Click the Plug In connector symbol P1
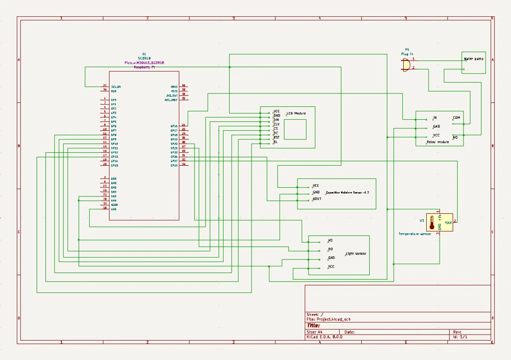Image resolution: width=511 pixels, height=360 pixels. point(406,64)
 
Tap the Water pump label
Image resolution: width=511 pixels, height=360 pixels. point(474,59)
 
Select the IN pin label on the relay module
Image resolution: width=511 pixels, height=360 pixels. point(435,118)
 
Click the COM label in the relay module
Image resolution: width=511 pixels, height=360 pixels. point(456,118)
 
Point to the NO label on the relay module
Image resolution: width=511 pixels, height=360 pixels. point(455,136)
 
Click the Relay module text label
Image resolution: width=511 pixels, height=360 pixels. point(438,142)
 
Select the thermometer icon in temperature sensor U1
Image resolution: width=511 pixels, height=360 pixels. point(432,223)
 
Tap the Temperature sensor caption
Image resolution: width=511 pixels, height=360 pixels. point(415,234)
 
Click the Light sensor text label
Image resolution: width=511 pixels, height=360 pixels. point(356,254)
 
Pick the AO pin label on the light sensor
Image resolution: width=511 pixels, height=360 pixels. point(330,241)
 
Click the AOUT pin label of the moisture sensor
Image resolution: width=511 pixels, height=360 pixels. point(317,199)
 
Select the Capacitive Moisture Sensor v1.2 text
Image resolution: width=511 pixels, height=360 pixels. point(347,192)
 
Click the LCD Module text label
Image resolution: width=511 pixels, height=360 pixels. point(296,113)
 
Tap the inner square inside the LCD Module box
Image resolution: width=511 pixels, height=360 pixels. point(295,129)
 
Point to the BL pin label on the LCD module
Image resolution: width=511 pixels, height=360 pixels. point(275,142)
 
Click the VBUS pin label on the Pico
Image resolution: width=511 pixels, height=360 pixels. point(174,86)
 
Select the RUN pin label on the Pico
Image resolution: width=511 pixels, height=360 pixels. point(114,91)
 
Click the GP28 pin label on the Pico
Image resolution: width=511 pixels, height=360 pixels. point(174,165)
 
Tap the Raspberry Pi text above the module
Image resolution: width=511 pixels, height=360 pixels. point(144,67)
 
